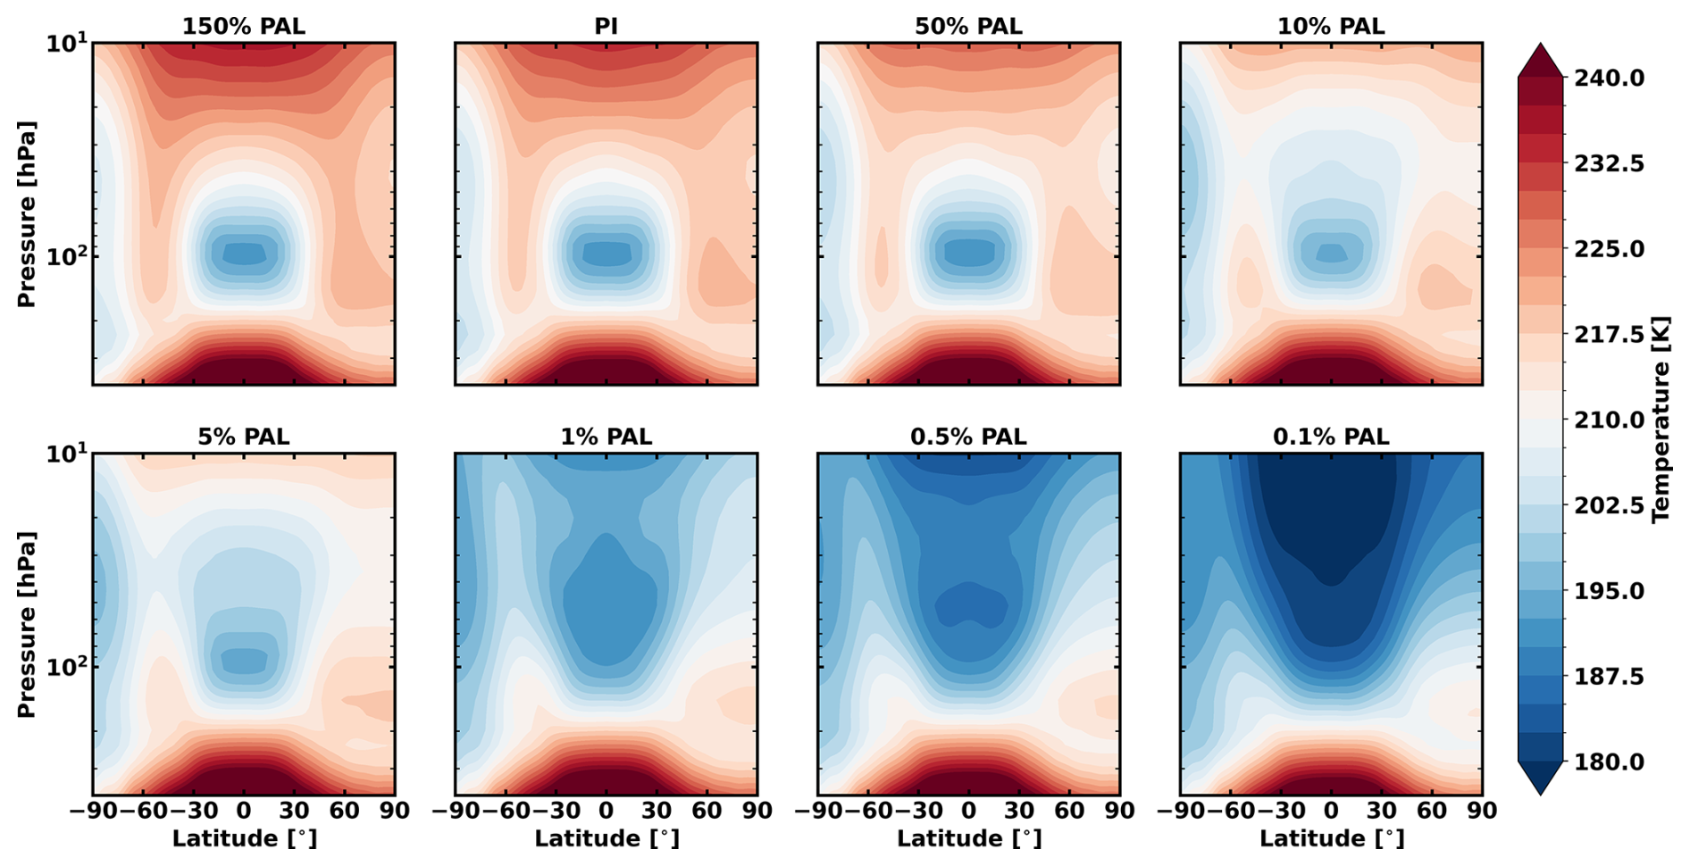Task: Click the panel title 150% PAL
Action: pos(243,27)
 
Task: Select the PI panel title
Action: pos(606,27)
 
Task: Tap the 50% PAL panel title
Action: pos(968,27)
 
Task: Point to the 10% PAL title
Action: pos(1331,27)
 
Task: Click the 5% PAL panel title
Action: pos(243,437)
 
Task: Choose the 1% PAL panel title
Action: pos(606,437)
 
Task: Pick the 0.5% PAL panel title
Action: pos(968,437)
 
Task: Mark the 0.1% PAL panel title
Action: pos(1331,437)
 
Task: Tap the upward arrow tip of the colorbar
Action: pos(1540,45)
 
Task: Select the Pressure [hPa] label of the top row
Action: pos(27,214)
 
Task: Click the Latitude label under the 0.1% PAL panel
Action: pos(1331,839)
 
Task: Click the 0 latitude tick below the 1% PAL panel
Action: pos(606,811)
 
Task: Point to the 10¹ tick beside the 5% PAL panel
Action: pos(67,454)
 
